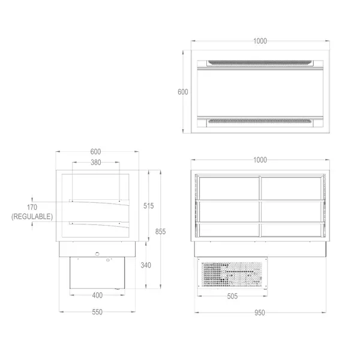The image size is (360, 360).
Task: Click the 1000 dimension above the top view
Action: pyautogui.click(x=260, y=41)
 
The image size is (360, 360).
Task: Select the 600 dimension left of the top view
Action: pyautogui.click(x=183, y=92)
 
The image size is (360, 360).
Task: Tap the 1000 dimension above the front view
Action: pyautogui.click(x=260, y=160)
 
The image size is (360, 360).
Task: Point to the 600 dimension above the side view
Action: pyautogui.click(x=96, y=152)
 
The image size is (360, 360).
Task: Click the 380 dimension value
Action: pyautogui.click(x=96, y=163)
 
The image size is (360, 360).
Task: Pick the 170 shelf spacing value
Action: pyautogui.click(x=31, y=206)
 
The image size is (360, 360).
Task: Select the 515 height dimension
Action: pyautogui.click(x=149, y=206)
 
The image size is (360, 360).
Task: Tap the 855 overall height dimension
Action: pyautogui.click(x=160, y=231)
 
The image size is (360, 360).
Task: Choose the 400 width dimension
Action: pyautogui.click(x=97, y=295)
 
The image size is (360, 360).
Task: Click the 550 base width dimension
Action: pyautogui.click(x=97, y=312)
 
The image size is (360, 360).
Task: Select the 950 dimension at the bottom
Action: pyautogui.click(x=260, y=312)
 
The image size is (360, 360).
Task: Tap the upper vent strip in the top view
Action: pyautogui.click(x=260, y=62)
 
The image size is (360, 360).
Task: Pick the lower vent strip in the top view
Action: pyautogui.click(x=260, y=122)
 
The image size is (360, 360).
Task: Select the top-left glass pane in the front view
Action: pyautogui.click(x=229, y=187)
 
